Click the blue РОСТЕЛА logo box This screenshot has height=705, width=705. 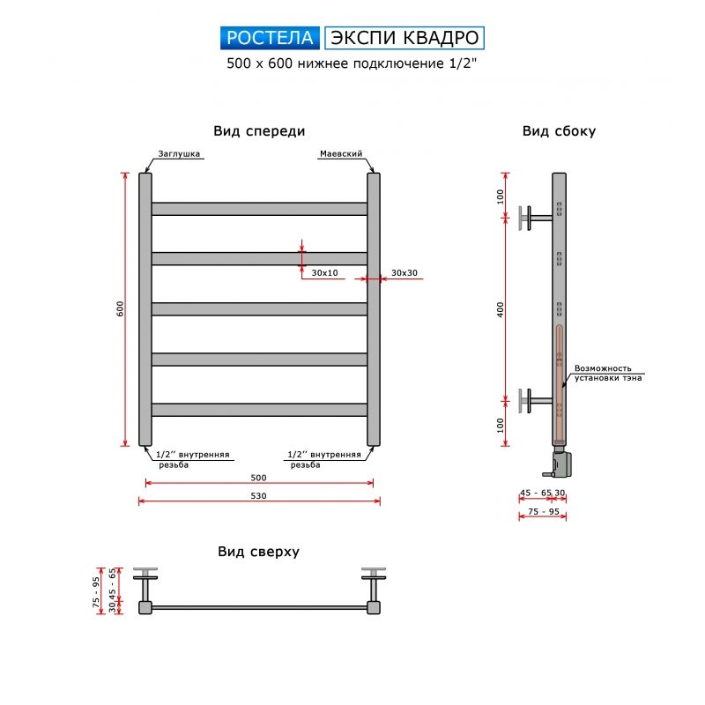coord(271,37)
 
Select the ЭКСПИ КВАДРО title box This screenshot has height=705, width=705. coord(404,37)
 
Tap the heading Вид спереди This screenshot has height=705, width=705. coord(259,131)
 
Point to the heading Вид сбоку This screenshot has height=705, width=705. coord(559,131)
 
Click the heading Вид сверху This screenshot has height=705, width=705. coord(259,552)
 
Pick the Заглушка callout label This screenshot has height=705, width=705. coord(180,153)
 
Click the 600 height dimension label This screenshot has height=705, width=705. coord(120,308)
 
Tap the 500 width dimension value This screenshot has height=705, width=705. coord(258,477)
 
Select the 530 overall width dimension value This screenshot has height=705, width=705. coord(258,495)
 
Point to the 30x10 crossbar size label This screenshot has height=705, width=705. coord(325,273)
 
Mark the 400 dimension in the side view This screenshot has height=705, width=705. coord(501,309)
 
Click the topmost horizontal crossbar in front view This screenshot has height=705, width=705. coord(259,209)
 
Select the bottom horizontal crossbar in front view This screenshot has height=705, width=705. coord(259,410)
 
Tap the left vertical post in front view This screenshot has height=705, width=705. coord(145,308)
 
